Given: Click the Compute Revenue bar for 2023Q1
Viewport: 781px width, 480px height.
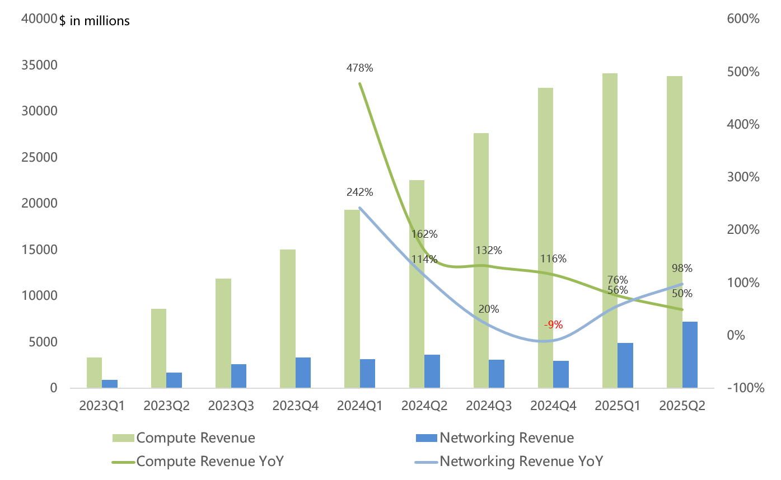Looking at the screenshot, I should click(x=95, y=373).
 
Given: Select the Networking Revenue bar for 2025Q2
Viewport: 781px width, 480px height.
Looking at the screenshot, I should click(x=690, y=355).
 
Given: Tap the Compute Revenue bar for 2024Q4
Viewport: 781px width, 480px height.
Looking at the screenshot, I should click(x=545, y=238).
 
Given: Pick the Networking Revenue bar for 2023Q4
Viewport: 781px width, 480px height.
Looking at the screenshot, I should click(x=303, y=373).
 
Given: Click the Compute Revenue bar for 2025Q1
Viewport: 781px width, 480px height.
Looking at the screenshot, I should click(x=610, y=230).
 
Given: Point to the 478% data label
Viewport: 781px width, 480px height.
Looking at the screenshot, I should click(x=359, y=68).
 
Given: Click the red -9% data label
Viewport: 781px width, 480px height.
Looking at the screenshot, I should click(x=553, y=324).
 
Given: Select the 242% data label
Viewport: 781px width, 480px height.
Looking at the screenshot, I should click(x=359, y=192).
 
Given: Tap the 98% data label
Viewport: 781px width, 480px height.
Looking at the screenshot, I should click(x=682, y=268).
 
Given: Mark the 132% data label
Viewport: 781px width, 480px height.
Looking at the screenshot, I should click(x=489, y=250).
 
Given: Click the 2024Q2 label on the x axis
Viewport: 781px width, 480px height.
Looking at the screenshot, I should click(x=424, y=406).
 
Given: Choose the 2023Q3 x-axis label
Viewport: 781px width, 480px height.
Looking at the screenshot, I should click(x=231, y=406).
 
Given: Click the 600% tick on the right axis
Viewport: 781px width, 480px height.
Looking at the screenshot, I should click(x=743, y=19).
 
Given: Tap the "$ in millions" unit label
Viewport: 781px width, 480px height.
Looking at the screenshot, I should click(x=95, y=21).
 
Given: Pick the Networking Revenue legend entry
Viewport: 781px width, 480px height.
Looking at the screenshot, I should click(x=507, y=437).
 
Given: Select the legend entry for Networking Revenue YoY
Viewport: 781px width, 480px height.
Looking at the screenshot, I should click(x=521, y=461).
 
